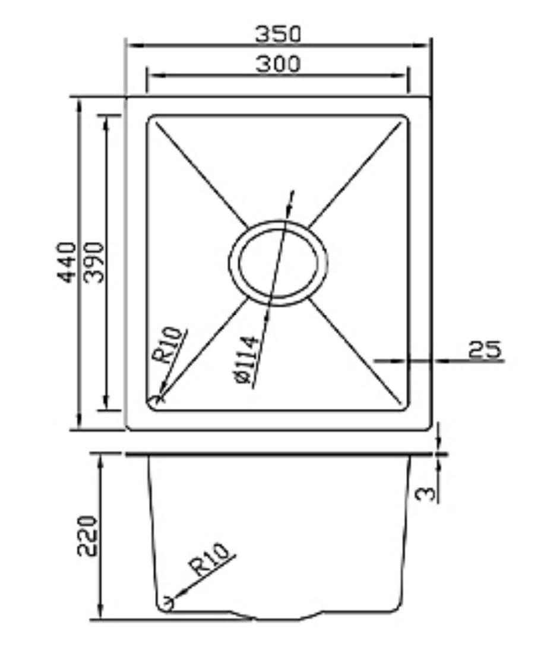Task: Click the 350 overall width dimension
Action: [x=278, y=34]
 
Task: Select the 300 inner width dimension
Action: [x=278, y=64]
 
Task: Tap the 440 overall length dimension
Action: [x=67, y=262]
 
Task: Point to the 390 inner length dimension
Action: [x=94, y=262]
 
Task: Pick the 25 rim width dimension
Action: [x=485, y=349]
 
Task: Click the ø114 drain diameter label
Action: [x=246, y=360]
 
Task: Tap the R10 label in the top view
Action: [x=168, y=346]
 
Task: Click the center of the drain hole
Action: [x=278, y=263]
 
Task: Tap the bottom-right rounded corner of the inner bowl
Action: [x=404, y=406]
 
